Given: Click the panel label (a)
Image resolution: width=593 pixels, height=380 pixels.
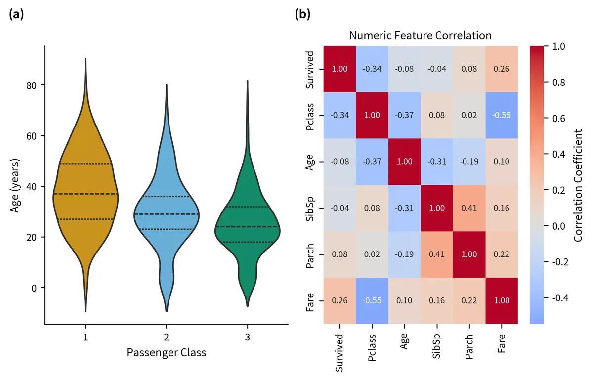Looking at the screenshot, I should coord(16,14).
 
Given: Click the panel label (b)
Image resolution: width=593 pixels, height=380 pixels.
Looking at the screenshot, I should coord(302,14).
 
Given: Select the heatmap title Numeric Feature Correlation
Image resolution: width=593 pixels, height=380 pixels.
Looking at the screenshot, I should coord(420,36).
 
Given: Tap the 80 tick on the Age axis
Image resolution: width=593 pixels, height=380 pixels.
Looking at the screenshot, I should coord(33,85).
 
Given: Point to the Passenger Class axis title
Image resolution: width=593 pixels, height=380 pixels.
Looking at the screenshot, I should coord(166,352).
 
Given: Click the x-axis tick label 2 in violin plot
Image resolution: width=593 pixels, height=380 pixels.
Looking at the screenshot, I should coord(166,337).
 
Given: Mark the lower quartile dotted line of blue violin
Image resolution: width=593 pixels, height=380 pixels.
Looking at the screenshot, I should coord(166,229).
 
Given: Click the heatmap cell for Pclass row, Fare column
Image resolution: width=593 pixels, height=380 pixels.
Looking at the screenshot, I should coord(502,115).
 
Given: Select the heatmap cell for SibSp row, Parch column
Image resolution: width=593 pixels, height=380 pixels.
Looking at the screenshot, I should coord(469,208).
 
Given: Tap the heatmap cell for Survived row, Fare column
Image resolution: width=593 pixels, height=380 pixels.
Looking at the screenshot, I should coord(502,69).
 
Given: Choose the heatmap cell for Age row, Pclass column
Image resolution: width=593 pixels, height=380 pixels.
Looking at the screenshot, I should coord(372,162).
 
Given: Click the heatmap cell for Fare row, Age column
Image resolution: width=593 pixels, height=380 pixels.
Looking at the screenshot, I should coord(404,300).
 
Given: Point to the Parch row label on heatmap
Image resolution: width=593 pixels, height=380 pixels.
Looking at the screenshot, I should coord(310,254).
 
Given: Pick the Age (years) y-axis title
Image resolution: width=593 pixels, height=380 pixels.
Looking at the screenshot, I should coord(14,185).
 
